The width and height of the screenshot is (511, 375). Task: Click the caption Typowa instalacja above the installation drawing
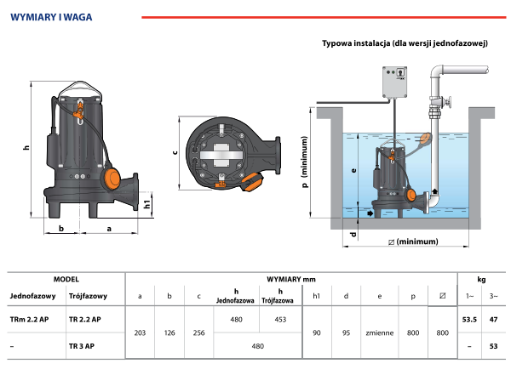click(405, 43)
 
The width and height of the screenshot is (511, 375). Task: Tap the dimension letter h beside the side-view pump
click(26, 147)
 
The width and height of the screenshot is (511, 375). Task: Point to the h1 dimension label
click(147, 204)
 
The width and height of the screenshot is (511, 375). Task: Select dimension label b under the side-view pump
click(61, 229)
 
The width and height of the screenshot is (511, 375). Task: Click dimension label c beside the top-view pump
click(174, 152)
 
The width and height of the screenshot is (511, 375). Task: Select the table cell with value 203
click(140, 332)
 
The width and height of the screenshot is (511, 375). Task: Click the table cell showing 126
click(169, 332)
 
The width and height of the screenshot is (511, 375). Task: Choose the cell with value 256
click(198, 332)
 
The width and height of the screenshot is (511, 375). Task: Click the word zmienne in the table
click(379, 332)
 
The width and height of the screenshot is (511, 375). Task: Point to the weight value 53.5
click(468, 319)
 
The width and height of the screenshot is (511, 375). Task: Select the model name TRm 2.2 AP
click(30, 319)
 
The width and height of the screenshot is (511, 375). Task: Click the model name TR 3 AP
click(82, 346)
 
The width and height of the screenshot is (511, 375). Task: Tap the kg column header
click(482, 278)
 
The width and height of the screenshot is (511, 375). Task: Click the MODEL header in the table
click(66, 278)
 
